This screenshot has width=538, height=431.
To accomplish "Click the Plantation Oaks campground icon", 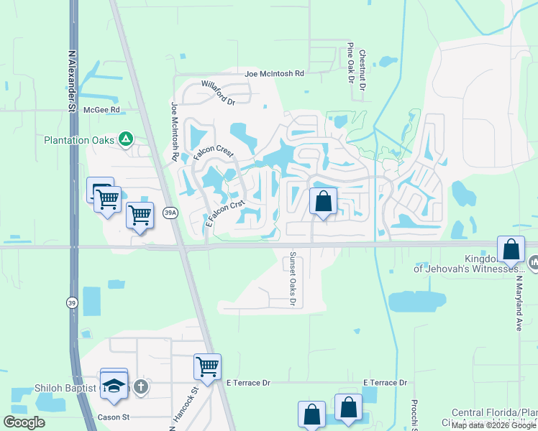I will [x=126, y=139].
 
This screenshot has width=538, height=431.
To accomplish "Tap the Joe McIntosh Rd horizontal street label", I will [x=274, y=74].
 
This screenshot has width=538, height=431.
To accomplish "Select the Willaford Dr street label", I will [x=219, y=97].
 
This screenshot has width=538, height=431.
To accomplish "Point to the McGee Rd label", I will [x=101, y=110].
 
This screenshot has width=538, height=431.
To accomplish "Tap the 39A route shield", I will [x=170, y=213].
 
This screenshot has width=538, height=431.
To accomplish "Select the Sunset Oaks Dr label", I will [x=293, y=279].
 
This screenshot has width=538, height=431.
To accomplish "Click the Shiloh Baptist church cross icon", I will [x=141, y=387].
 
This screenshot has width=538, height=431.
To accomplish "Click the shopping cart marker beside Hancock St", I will [x=207, y=366].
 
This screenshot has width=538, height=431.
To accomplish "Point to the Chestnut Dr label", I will [x=363, y=70].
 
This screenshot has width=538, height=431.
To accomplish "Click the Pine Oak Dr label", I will [x=350, y=62].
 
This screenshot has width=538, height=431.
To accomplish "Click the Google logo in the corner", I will [x=24, y=422].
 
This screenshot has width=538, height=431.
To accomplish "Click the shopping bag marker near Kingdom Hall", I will [x=511, y=251].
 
